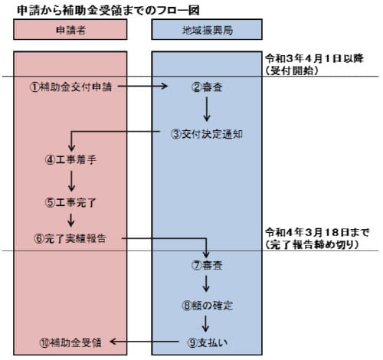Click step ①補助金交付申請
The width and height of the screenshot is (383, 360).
tap(71, 87)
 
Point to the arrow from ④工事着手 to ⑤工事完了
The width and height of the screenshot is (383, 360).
tap(70, 182)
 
